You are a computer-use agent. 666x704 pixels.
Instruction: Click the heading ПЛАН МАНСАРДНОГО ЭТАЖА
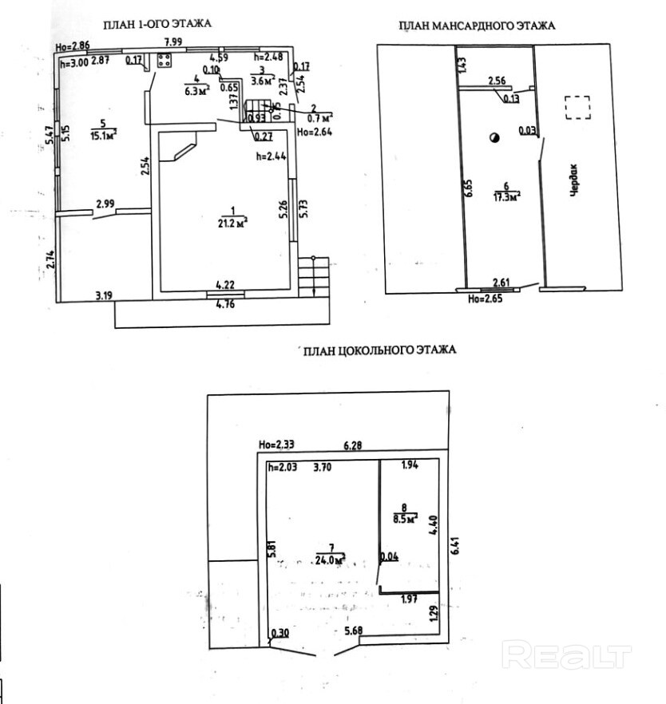[x=477, y=26]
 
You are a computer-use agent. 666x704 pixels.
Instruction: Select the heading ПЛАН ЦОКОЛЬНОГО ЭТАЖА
[x=379, y=350]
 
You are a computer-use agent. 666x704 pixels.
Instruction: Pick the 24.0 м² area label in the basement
[x=329, y=558]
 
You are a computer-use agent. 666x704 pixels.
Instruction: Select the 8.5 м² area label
[x=406, y=519]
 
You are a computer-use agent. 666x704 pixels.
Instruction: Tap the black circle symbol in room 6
[x=494, y=138]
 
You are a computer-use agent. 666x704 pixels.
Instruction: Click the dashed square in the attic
[x=577, y=108]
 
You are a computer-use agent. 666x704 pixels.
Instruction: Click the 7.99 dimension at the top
[x=175, y=42]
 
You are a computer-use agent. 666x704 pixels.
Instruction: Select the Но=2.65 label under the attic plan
[x=485, y=301]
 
